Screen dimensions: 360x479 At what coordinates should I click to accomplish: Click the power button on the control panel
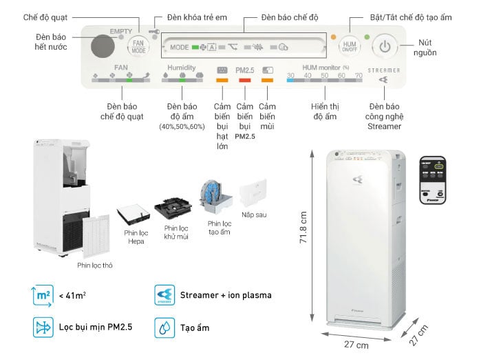tap(385, 48)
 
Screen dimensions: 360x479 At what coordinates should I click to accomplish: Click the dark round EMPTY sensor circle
tap(103, 47)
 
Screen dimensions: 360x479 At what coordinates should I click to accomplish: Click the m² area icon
tap(43, 294)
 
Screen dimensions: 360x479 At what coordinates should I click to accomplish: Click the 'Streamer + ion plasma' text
tap(226, 295)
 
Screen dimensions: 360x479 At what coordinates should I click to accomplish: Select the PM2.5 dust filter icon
tap(43, 326)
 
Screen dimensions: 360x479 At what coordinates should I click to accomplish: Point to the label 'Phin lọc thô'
tap(94, 265)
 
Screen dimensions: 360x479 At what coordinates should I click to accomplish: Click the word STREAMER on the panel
tap(384, 70)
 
